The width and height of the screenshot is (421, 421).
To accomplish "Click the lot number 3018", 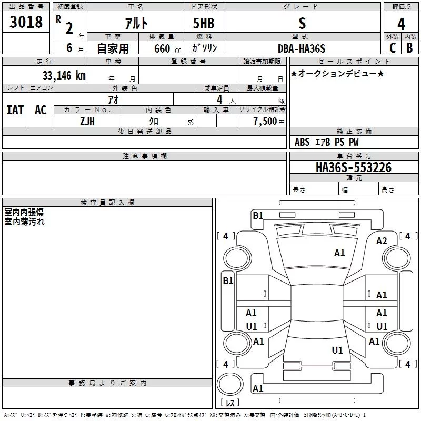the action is tap(26, 22).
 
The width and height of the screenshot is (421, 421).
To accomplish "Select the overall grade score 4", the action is tap(401, 24).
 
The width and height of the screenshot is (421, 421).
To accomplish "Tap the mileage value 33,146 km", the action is tap(64, 76).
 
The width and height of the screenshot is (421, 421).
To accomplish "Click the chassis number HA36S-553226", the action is tap(354, 167).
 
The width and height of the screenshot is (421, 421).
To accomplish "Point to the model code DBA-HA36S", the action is tap(302, 48).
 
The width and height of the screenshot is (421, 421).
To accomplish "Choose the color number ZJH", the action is tap(87, 122).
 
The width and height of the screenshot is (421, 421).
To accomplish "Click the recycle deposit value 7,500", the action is tap(265, 121).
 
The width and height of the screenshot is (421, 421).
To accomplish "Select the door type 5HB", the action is tap(204, 23).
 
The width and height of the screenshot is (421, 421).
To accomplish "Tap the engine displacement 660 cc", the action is tap(167, 49).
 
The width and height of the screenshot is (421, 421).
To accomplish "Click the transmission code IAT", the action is tap(15, 110).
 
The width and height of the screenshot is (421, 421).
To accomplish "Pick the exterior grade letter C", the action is tap(393, 48).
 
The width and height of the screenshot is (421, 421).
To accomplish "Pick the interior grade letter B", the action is tap(409, 48).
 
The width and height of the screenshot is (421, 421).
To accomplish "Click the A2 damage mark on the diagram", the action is tap(381, 241).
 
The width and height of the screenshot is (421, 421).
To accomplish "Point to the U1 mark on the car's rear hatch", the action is tap(337, 350).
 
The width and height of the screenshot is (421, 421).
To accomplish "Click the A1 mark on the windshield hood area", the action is tap(339, 253).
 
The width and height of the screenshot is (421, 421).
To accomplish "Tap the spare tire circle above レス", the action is tap(230, 384).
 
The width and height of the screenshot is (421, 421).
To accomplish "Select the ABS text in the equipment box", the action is tap(302, 142).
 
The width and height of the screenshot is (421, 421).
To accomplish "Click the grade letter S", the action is tap(302, 23).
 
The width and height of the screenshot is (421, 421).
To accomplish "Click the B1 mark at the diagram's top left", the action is tap(258, 216).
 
